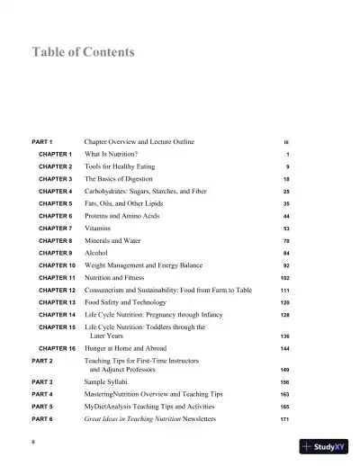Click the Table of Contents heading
(x=83, y=52)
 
